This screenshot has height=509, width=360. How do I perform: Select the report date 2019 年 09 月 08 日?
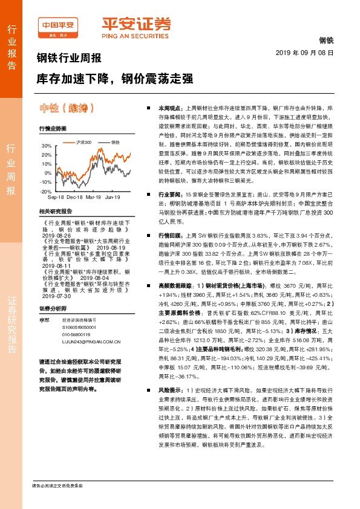[309, 53]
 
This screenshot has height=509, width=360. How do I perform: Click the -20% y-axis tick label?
[46, 190]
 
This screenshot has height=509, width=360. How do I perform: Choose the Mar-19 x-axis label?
[93, 198]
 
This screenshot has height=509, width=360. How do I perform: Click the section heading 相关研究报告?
[55, 211]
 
